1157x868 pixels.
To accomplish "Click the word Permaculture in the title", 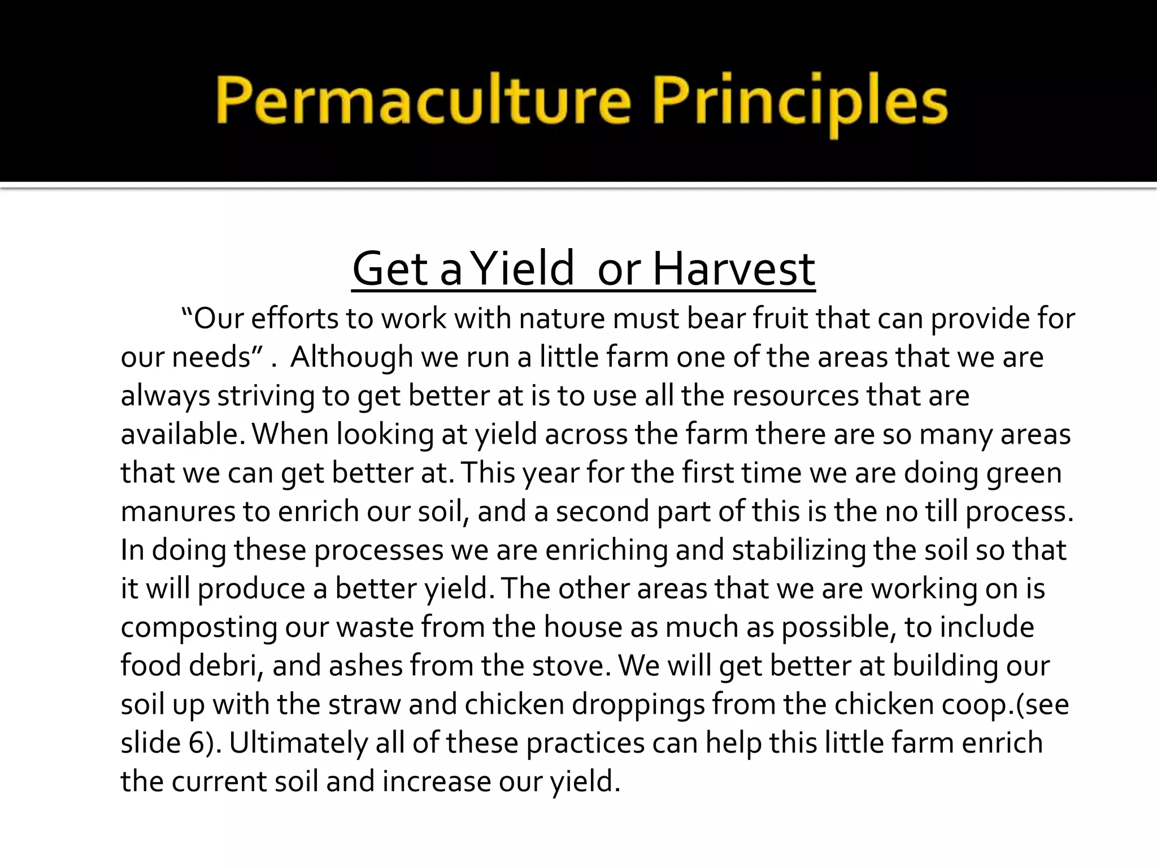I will coord(423,102).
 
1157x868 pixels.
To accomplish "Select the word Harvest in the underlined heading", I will coord(733,270).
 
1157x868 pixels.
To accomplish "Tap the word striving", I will coord(266,396).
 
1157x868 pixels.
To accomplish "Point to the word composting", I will coord(199,627).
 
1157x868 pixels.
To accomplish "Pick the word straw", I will coord(364,704).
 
